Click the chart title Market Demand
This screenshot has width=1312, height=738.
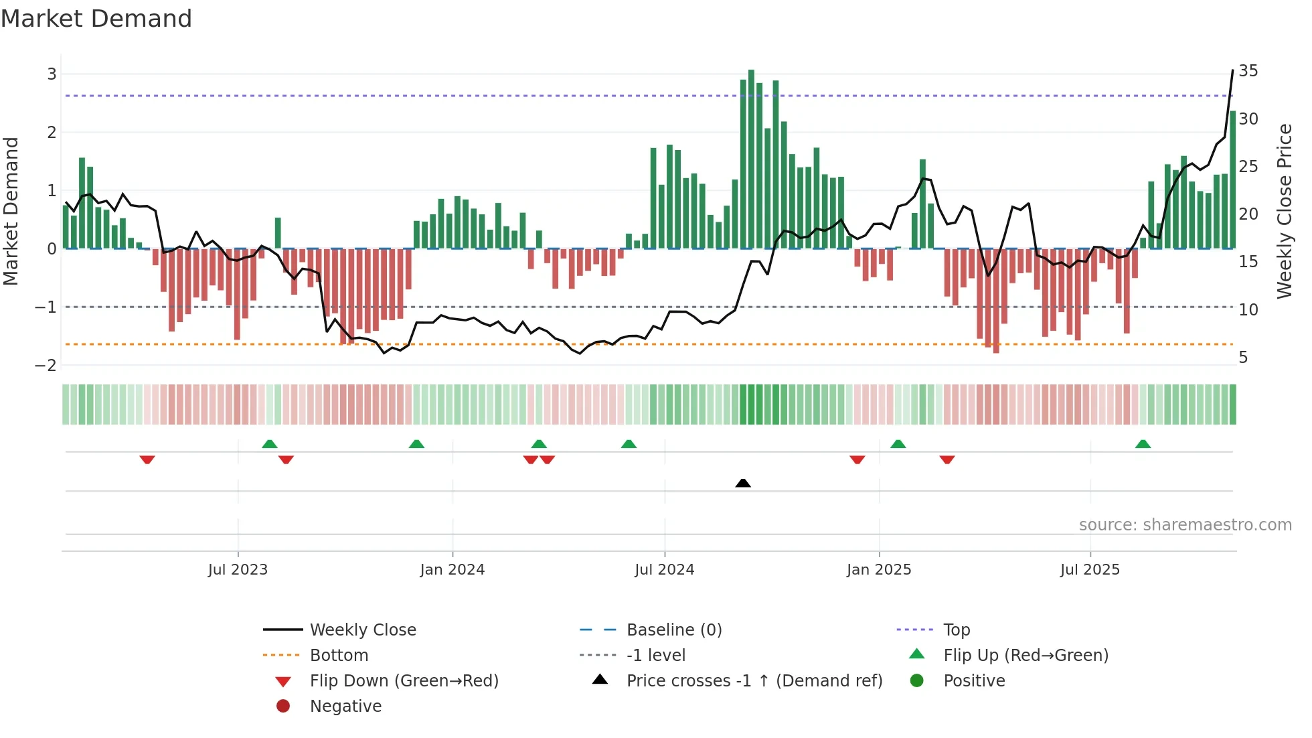(96, 19)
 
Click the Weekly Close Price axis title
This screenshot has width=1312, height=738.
(1284, 211)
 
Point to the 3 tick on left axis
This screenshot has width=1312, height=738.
(52, 74)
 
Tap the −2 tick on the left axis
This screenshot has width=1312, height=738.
(46, 366)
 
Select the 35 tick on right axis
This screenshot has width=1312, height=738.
(1248, 71)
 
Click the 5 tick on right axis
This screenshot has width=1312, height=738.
(1243, 358)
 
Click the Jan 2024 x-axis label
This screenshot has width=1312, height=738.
(452, 570)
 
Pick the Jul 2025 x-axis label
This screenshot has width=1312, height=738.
(1090, 570)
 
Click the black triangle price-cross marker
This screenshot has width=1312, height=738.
(743, 483)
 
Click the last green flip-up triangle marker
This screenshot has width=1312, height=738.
(1143, 444)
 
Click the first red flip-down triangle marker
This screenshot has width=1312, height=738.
(147, 459)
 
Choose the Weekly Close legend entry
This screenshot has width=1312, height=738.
(362, 630)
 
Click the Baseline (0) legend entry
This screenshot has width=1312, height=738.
(673, 630)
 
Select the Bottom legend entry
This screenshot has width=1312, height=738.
(339, 656)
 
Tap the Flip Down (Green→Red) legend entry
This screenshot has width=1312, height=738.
(404, 681)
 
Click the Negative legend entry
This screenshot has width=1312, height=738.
(345, 707)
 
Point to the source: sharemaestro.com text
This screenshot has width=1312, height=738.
(1185, 525)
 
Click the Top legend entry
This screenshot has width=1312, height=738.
(956, 630)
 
